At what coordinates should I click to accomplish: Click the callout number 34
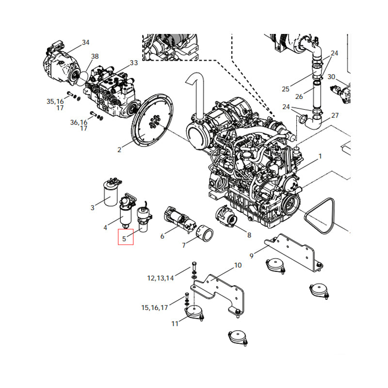coord(86,43)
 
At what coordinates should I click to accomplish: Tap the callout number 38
coord(95,56)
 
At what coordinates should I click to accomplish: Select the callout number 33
coord(134,63)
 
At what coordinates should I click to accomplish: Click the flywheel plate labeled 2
coord(152,124)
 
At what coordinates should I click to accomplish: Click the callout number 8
coord(249,235)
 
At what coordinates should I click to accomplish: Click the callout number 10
coord(238,265)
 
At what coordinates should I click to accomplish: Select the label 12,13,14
coord(160,278)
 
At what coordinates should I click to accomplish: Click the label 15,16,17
coord(154,307)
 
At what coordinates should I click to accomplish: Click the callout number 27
coord(335,115)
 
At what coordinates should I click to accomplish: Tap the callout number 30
coord(331,77)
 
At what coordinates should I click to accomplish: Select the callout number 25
coord(285,89)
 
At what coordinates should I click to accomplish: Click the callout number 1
coord(320,156)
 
